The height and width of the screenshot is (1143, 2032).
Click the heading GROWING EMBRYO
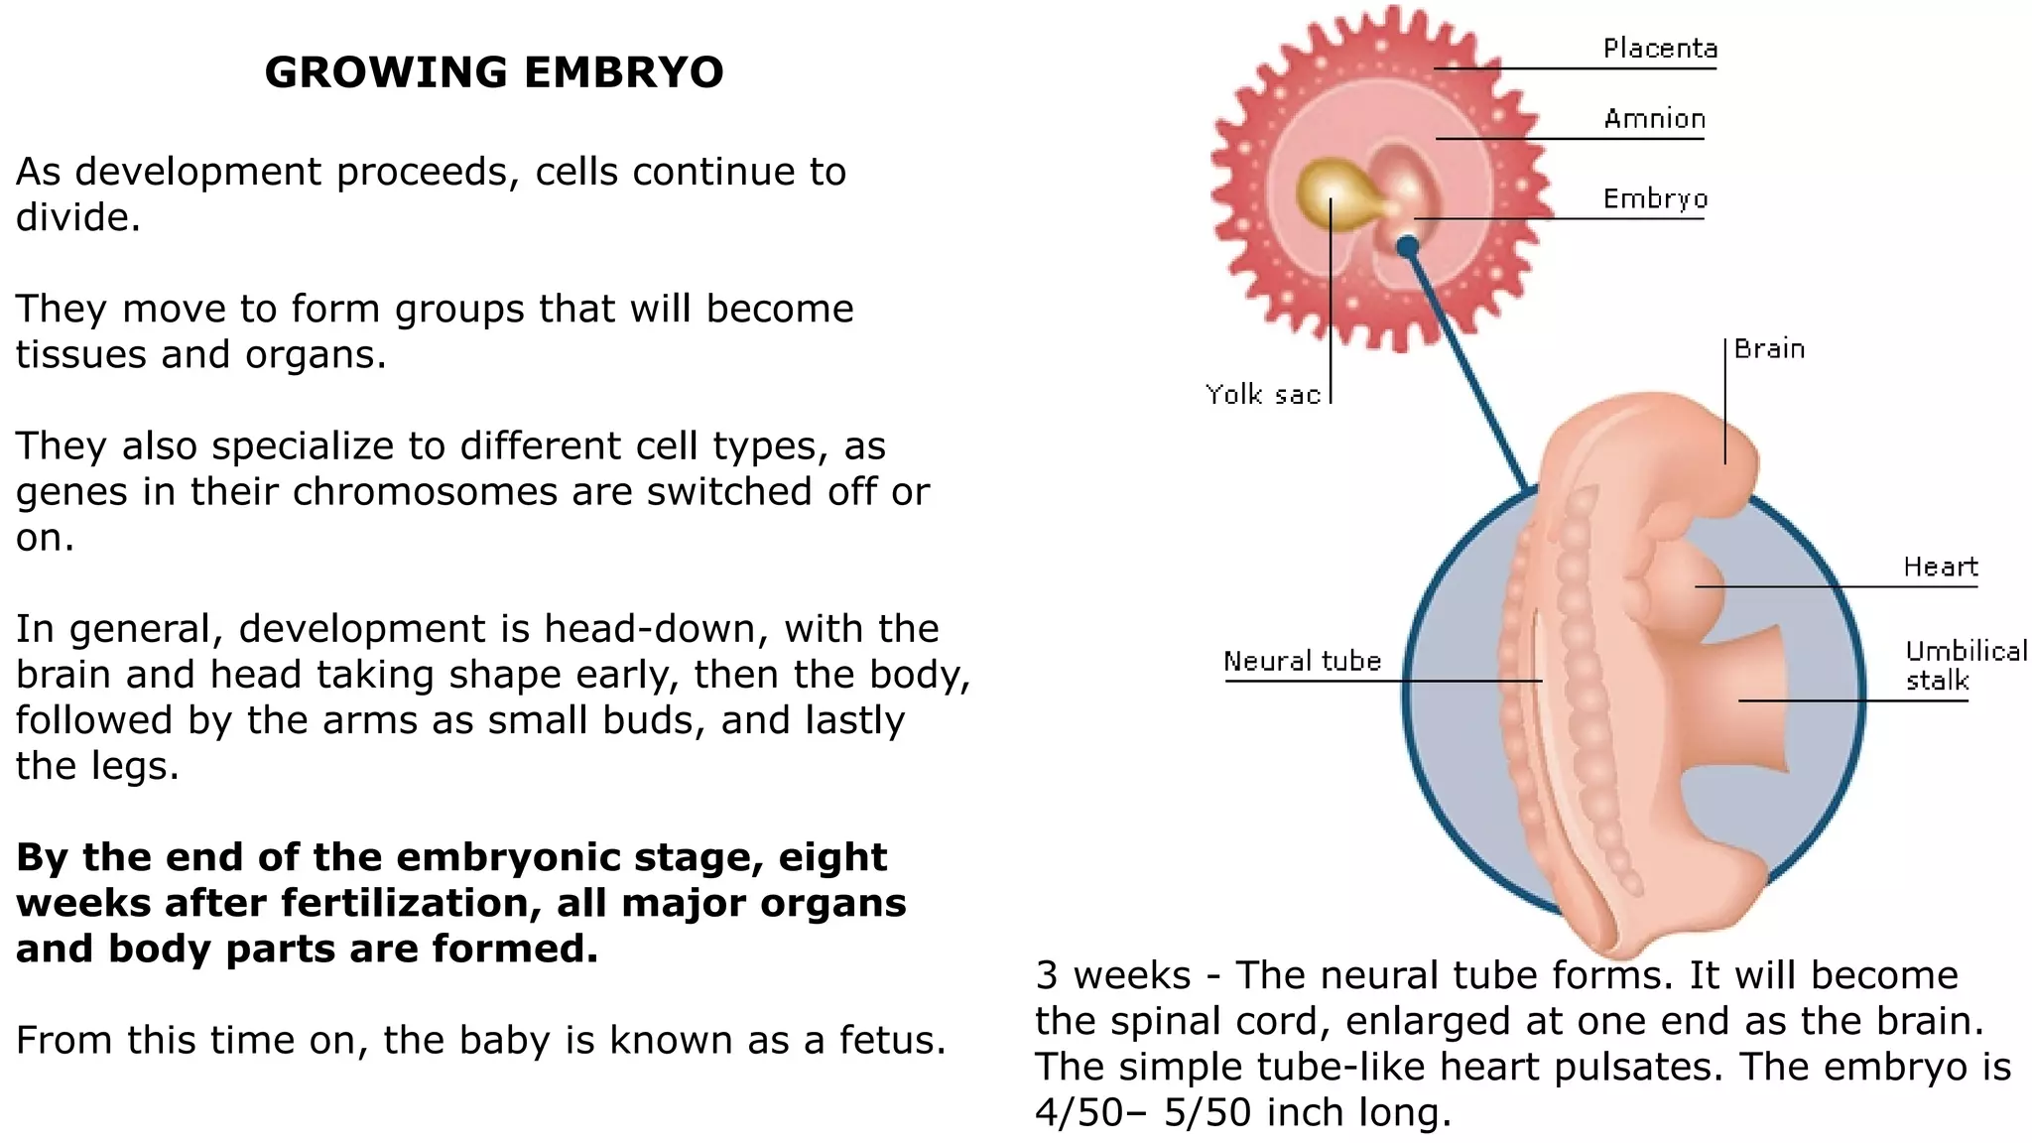[x=494, y=72]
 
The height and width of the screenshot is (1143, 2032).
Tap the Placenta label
[x=1660, y=49]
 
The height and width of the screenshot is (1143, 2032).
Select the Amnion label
[x=1654, y=119]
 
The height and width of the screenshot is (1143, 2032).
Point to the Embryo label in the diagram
[x=1655, y=199]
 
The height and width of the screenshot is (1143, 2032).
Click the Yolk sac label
[x=1262, y=395]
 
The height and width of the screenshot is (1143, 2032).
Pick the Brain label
[x=1769, y=349]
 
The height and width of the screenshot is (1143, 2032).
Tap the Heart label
[x=1940, y=567]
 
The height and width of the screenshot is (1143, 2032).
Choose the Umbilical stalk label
[x=1965, y=666]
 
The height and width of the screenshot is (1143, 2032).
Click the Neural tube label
[x=1302, y=661]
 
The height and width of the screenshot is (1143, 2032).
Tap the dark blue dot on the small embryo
[x=1408, y=246]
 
